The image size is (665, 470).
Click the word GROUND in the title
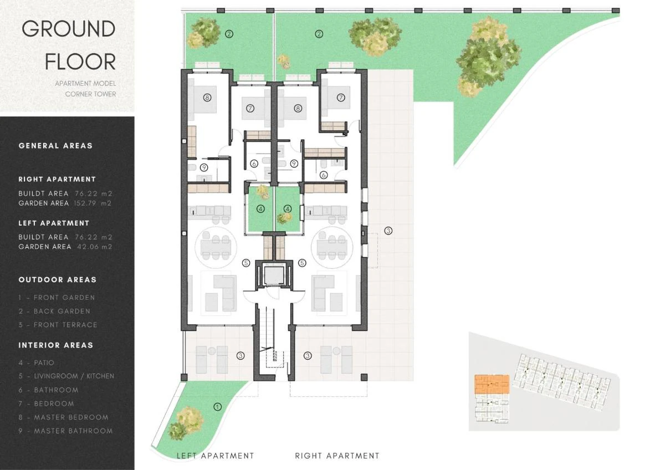pyautogui.click(x=69, y=29)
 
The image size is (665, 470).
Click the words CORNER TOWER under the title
pyautogui.click(x=90, y=94)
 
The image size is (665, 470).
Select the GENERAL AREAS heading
pyautogui.click(x=55, y=146)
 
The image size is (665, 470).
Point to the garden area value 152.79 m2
pyautogui.click(x=93, y=203)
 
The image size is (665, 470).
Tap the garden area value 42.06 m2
pyautogui.click(x=95, y=247)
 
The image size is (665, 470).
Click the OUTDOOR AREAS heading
pyautogui.click(x=58, y=280)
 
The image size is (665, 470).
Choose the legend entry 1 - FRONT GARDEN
pyautogui.click(x=57, y=298)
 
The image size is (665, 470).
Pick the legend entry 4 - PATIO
pyautogui.click(x=36, y=363)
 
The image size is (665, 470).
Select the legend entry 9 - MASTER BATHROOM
pyautogui.click(x=65, y=431)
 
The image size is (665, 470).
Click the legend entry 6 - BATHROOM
pyautogui.click(x=48, y=390)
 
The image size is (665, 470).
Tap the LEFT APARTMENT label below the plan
pyautogui.click(x=215, y=456)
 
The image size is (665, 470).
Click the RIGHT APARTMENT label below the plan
pyautogui.click(x=337, y=456)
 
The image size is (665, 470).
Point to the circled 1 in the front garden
pyautogui.click(x=218, y=407)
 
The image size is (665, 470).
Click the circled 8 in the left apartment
pyautogui.click(x=207, y=98)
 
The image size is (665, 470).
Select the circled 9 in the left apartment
pyautogui.click(x=204, y=168)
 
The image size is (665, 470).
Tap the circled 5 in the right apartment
pyautogui.click(x=302, y=263)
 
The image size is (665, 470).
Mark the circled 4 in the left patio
pyautogui.click(x=260, y=209)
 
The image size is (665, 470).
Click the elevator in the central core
pyautogui.click(x=274, y=275)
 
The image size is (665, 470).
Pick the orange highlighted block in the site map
pyautogui.click(x=492, y=384)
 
